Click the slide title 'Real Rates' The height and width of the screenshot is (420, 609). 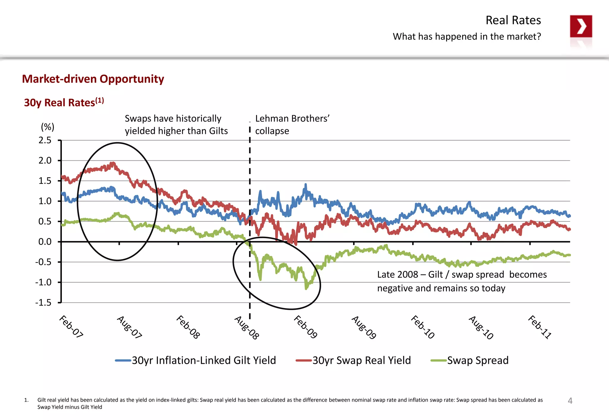pyautogui.click(x=513, y=20)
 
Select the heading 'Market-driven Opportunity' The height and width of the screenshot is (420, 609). pyautogui.click(x=93, y=79)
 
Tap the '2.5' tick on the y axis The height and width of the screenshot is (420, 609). pyautogui.click(x=45, y=140)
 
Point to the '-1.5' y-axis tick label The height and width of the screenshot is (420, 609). pyautogui.click(x=43, y=303)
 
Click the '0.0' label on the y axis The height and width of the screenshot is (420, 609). pyautogui.click(x=45, y=242)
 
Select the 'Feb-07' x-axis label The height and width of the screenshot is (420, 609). pyautogui.click(x=71, y=327)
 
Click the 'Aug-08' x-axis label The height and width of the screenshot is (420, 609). pyautogui.click(x=247, y=328)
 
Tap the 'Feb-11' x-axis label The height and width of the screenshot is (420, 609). pyautogui.click(x=540, y=327)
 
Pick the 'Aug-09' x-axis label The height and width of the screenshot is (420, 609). pyautogui.click(x=364, y=328)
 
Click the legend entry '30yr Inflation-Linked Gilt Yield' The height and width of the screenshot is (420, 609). pyautogui.click(x=204, y=360)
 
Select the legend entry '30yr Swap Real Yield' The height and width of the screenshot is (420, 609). pyautogui.click(x=361, y=360)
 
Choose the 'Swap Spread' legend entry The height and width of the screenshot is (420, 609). pyautogui.click(x=478, y=360)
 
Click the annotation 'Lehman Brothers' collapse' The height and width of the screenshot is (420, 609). pyautogui.click(x=292, y=125)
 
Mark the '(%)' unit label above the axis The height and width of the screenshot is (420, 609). pyautogui.click(x=48, y=127)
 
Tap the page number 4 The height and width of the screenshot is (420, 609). pyautogui.click(x=570, y=401)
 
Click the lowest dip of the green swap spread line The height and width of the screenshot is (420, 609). pyautogui.click(x=306, y=288)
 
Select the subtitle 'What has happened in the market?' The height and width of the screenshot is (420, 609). pyautogui.click(x=467, y=37)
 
